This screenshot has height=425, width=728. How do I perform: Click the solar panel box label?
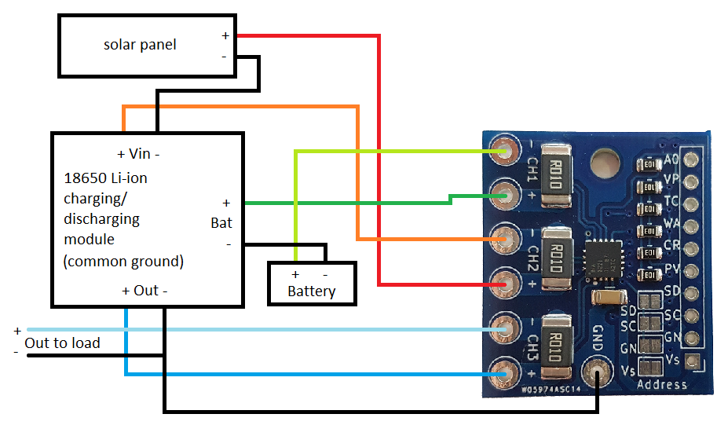tap(140, 45)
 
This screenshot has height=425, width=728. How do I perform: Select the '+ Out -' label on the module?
tap(145, 290)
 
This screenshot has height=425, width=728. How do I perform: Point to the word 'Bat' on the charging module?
tap(221, 223)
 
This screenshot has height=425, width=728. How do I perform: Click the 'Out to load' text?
tap(62, 343)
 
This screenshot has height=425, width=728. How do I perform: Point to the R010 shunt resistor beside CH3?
tap(555, 345)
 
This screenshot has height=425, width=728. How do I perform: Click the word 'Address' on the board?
tap(661, 385)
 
